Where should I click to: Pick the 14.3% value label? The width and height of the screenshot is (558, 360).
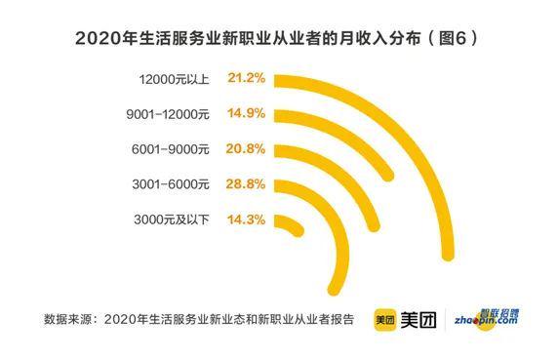point(248,220)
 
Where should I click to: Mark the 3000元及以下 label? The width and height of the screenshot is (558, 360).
point(171,220)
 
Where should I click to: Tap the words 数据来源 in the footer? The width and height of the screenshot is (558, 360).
point(70,318)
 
